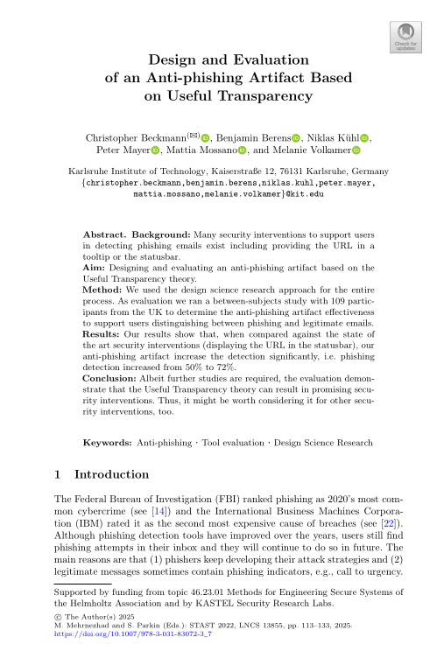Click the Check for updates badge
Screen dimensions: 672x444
(x=405, y=38)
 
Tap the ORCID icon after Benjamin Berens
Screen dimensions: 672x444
(x=296, y=138)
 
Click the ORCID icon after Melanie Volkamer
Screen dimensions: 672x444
(x=356, y=151)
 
